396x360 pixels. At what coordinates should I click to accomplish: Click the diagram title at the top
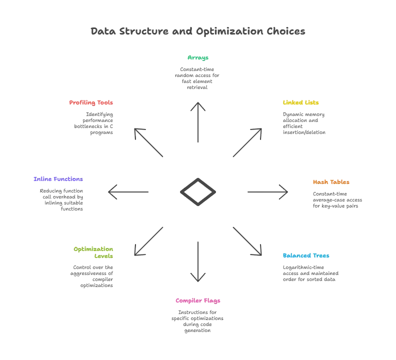(198, 31)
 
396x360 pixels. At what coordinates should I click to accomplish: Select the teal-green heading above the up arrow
(198, 57)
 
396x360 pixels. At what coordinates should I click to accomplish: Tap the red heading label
(91, 103)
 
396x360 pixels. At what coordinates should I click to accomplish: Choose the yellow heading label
(300, 103)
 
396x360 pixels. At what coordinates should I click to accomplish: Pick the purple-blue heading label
(58, 179)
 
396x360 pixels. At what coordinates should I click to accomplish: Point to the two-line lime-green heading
(95, 252)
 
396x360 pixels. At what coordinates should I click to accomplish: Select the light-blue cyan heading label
(306, 256)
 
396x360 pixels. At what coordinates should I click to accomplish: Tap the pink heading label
(198, 301)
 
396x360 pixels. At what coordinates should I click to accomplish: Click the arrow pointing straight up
(198, 122)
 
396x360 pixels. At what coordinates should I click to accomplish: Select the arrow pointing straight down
(198, 261)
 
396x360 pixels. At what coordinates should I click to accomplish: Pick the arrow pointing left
(130, 191)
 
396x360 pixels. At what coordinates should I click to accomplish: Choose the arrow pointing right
(266, 191)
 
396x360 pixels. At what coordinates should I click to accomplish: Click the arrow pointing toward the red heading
(148, 144)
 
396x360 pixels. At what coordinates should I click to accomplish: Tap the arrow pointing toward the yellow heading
(247, 144)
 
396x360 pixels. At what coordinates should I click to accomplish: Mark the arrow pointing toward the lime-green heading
(148, 240)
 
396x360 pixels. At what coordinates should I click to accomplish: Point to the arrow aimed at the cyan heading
(247, 240)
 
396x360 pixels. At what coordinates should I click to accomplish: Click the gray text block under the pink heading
(198, 321)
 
